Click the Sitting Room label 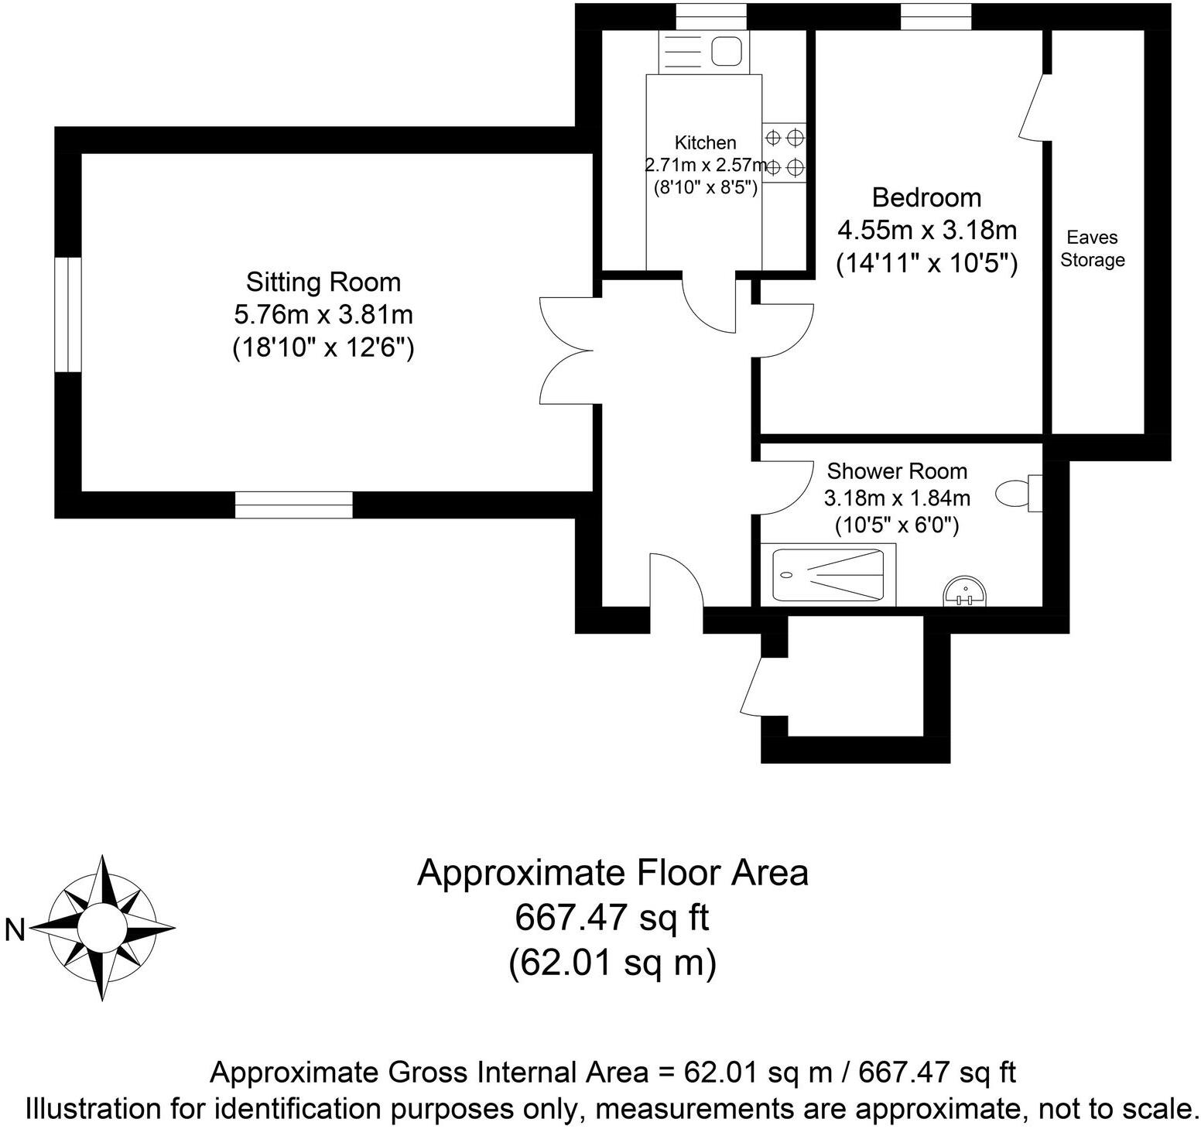[x=323, y=282]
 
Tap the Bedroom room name [x=926, y=198]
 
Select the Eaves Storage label [x=1092, y=248]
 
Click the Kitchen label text [x=705, y=142]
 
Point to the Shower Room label [x=897, y=471]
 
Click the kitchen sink [x=726, y=53]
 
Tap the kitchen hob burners [x=784, y=152]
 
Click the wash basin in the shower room [x=964, y=592]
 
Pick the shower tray [x=828, y=575]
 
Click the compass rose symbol [x=102, y=926]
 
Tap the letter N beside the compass [x=15, y=929]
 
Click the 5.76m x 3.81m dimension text [x=323, y=315]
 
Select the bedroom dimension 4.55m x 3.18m [x=926, y=231]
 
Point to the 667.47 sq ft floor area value [x=612, y=919]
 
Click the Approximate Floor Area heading [x=612, y=873]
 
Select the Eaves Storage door [x=1034, y=108]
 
